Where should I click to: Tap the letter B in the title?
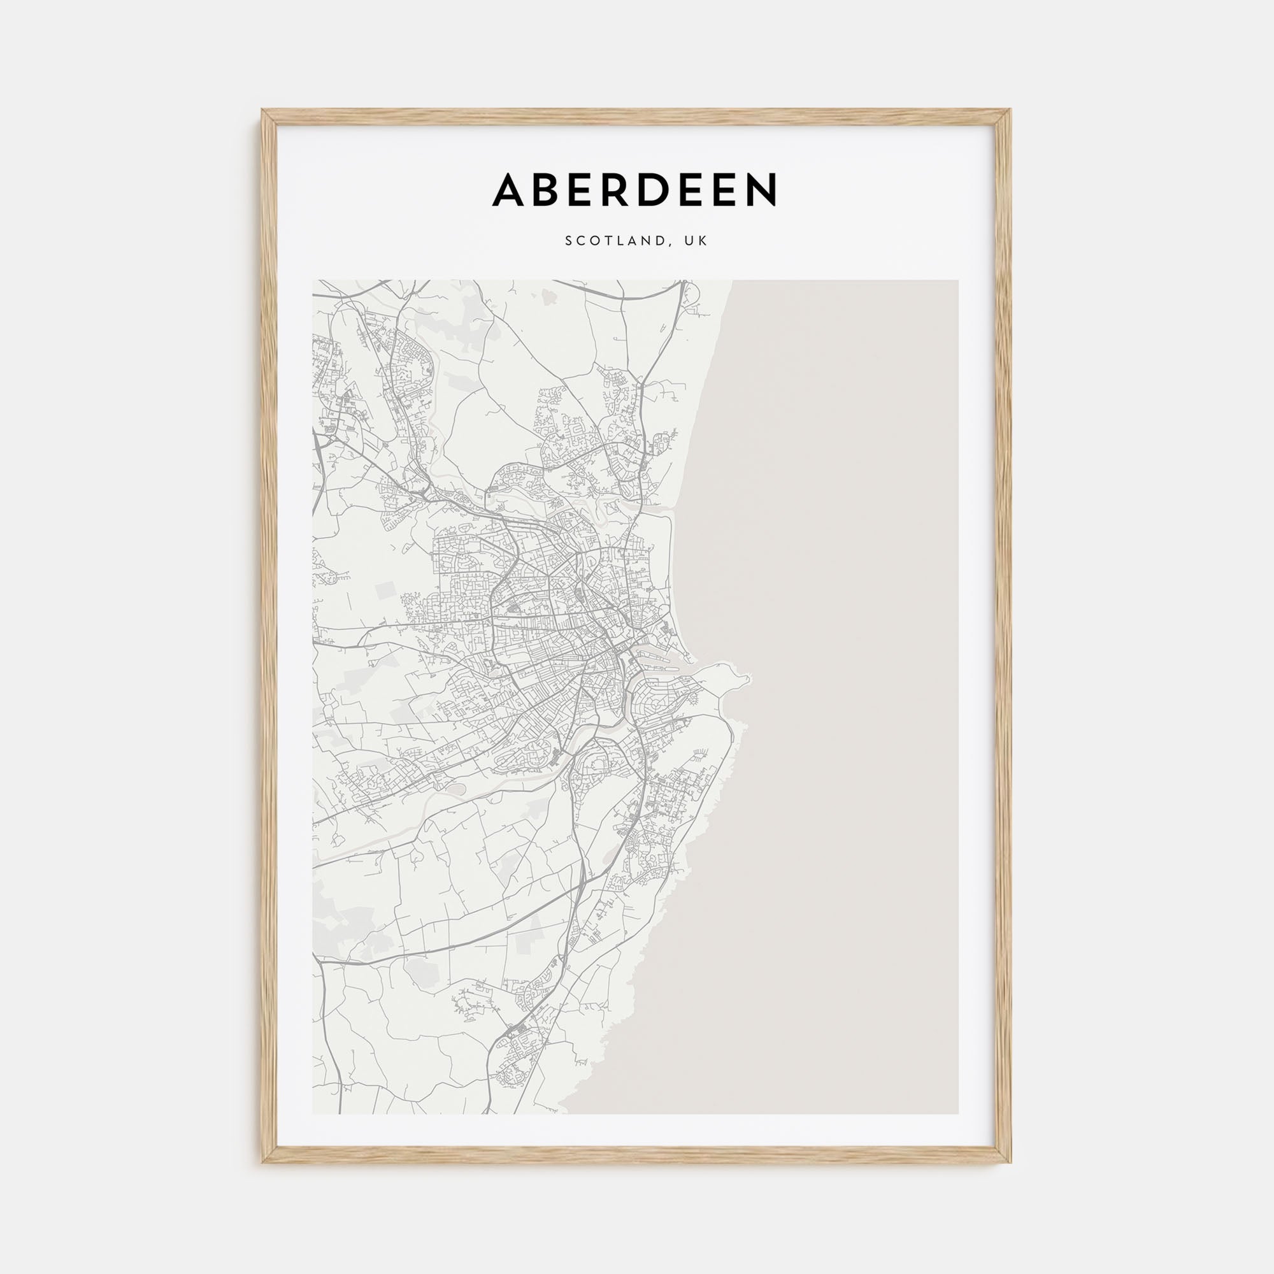[552, 190]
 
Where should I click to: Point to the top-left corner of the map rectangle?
[313, 281]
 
